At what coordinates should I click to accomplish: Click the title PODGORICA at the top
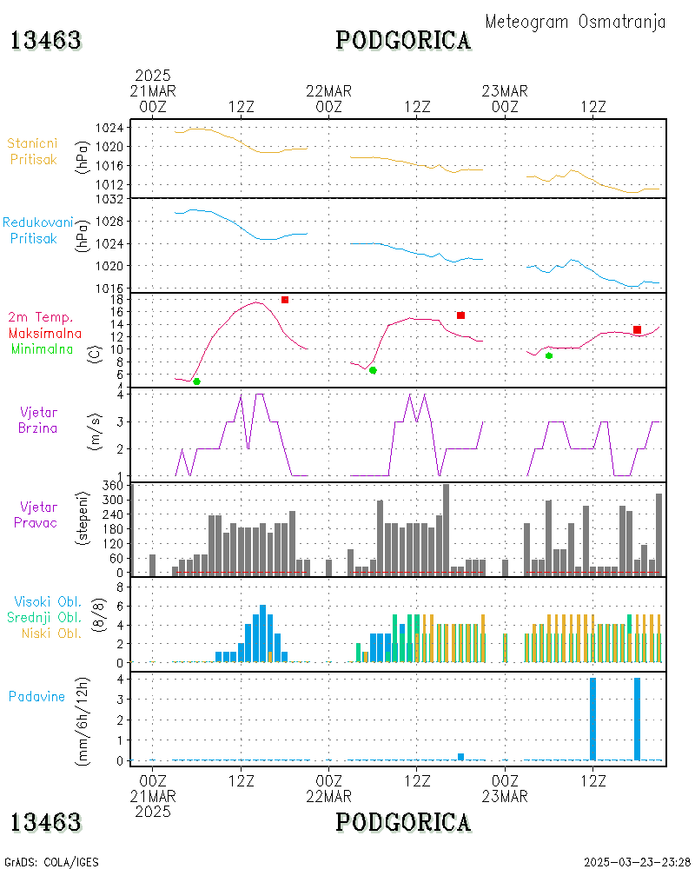[403, 40]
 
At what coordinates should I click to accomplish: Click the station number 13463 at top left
[46, 40]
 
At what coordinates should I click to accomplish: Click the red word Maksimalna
[46, 333]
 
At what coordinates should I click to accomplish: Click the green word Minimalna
[46, 348]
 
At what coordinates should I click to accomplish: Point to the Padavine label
[36, 696]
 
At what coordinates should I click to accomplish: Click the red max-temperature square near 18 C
[285, 300]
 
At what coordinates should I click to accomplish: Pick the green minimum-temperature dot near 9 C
[549, 355]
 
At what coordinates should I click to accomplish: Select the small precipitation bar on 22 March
[460, 756]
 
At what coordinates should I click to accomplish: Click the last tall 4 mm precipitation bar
[637, 719]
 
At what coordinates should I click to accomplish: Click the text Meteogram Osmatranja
[575, 22]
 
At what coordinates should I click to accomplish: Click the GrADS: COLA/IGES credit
[51, 862]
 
